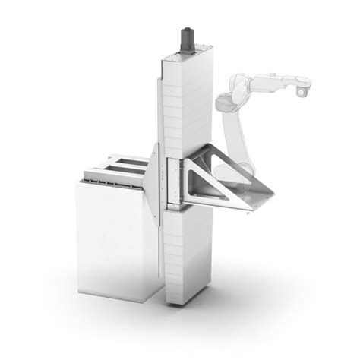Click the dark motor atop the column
click(185, 36)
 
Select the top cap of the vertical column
click(185, 52)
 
